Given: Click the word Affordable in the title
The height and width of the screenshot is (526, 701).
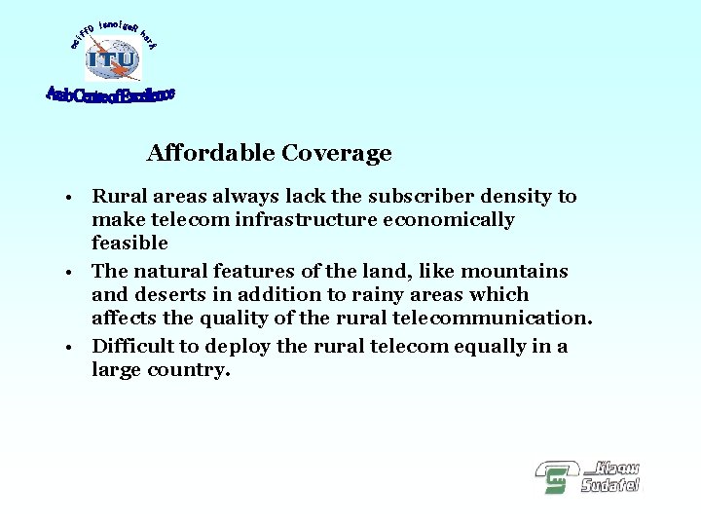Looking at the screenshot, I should (x=210, y=154).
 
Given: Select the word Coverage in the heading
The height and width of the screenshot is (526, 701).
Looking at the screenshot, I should (x=336, y=154).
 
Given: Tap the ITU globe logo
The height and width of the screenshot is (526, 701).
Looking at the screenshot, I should (x=112, y=60).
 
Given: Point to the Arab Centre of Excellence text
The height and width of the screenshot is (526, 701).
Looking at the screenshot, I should (x=110, y=95).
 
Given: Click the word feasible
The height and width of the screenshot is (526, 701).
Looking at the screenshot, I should (x=129, y=244).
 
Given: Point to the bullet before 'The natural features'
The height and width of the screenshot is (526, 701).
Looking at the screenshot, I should (x=73, y=273).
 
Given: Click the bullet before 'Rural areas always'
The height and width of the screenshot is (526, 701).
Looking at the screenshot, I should (x=73, y=199).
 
